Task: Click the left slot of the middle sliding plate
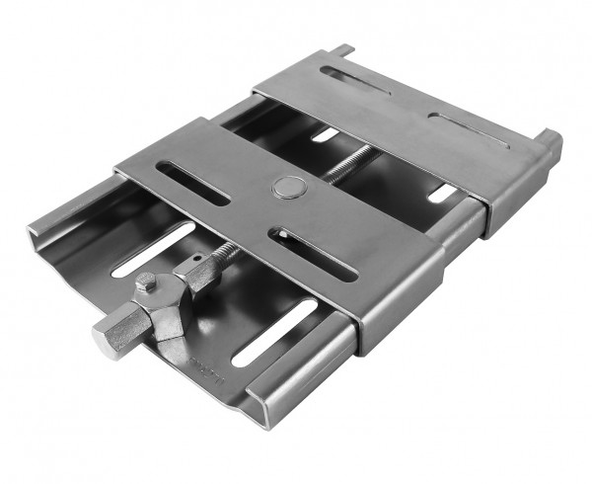pyautogui.click(x=192, y=183)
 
